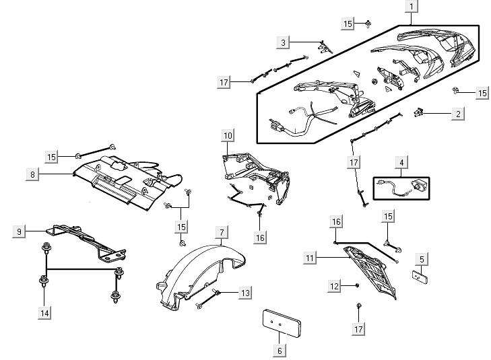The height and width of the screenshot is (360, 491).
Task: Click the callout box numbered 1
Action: click(410, 8)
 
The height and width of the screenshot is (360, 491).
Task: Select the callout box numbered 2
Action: click(458, 114)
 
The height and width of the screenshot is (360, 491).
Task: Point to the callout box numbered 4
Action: click(401, 163)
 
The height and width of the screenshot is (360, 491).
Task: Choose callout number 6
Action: click(280, 350)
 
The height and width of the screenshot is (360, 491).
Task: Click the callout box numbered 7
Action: click(220, 232)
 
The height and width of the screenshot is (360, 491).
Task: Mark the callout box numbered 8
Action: click(32, 174)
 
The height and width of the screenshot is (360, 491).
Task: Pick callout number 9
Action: click(20, 231)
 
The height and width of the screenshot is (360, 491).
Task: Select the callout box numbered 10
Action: click(228, 135)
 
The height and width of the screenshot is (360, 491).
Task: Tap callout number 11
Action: click(310, 258)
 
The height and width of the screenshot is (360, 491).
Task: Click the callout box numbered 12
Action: click(335, 287)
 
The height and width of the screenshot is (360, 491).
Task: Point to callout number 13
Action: click(245, 293)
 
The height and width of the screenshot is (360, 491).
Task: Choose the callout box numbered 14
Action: click(44, 313)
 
